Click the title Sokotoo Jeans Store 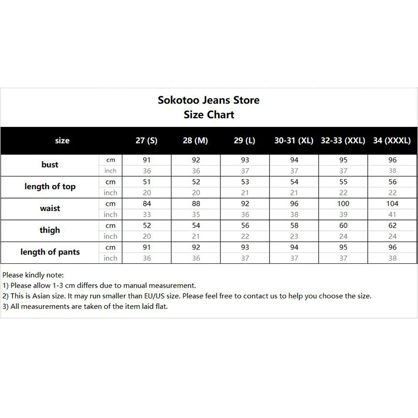(x=208, y=100)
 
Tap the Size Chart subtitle (x=209, y=114)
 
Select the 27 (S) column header (x=146, y=141)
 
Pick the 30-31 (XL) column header (x=294, y=141)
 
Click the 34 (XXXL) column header (x=392, y=141)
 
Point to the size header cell (x=62, y=141)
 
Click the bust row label (x=50, y=165)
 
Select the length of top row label (x=50, y=187)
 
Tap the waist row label (x=50, y=208)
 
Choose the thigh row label (x=50, y=230)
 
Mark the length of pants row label (x=50, y=252)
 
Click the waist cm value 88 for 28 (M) (x=195, y=203)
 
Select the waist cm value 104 (x=392, y=203)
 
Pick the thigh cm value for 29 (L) (x=245, y=225)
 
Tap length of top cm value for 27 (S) (x=146, y=181)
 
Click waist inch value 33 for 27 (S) (x=146, y=214)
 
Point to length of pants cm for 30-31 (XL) (x=294, y=247)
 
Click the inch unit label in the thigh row (x=110, y=236)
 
